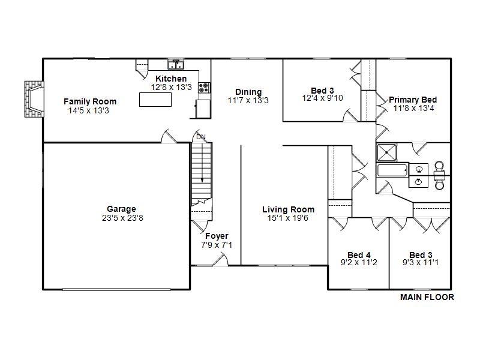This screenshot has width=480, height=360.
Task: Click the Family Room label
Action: [90, 101]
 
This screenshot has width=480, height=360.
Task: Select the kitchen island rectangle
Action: [155, 100]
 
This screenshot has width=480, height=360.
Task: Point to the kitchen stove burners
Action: [204, 88]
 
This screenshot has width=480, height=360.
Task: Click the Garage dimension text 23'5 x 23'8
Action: [122, 218]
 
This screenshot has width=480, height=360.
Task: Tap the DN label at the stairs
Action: [200, 137]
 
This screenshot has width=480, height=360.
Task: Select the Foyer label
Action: [217, 236]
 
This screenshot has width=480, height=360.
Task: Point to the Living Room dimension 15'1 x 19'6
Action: [288, 218]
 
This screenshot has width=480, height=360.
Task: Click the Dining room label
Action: [248, 92]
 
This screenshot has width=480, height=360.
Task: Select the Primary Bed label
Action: [413, 100]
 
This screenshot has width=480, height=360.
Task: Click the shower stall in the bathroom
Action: [387, 152]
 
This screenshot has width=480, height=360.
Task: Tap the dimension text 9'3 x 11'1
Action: [421, 263]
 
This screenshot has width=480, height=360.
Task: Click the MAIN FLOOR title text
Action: [427, 297]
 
